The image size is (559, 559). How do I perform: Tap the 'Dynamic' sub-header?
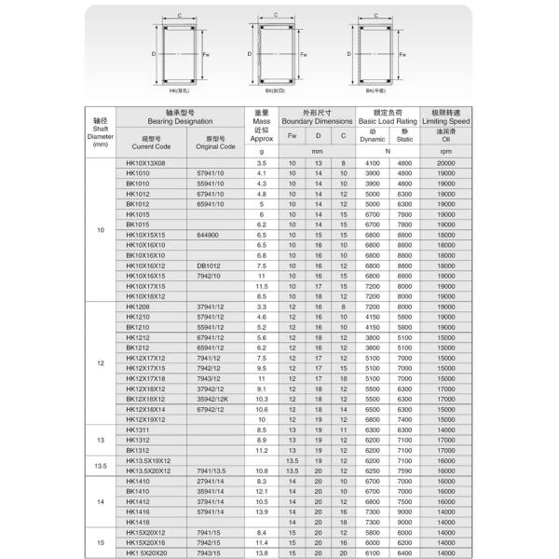[372, 139]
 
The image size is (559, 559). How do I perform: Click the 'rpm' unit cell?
[446, 151]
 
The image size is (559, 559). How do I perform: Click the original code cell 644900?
[209, 235]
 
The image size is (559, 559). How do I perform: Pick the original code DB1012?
[208, 266]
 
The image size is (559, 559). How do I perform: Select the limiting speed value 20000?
[446, 163]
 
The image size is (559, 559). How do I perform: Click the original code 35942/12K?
[213, 399]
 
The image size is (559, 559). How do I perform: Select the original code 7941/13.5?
[213, 470]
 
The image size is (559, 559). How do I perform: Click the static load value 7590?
[404, 470]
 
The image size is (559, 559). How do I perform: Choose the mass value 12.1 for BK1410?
[261, 491]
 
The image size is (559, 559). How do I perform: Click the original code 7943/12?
[210, 378]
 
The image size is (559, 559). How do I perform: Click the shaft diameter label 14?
[101, 501]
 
